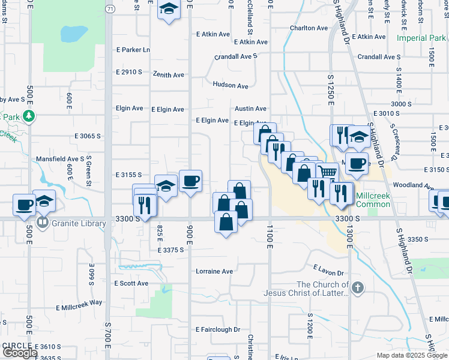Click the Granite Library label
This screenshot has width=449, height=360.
tap(79, 224)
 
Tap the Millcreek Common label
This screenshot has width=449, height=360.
tap(373, 200)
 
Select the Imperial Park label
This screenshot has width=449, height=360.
tap(421, 38)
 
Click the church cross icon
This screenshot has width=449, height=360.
tap(358, 288)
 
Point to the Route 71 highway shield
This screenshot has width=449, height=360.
tap(109, 9)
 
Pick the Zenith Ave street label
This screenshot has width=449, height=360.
tap(170, 75)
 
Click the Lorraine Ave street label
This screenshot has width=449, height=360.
tap(214, 271)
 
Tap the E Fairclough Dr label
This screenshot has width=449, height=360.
tap(217, 329)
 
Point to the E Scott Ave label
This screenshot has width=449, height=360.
tap(131, 283)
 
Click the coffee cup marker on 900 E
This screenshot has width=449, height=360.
tap(191, 181)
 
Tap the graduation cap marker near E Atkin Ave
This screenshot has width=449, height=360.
tap(169, 10)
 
